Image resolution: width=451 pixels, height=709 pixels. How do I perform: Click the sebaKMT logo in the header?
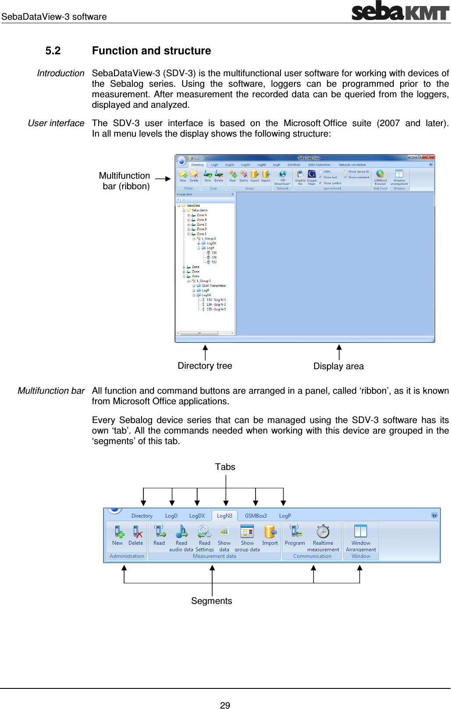(400, 11)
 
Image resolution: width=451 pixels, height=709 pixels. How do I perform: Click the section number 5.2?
(53, 51)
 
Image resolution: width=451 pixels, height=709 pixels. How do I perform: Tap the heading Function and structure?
(151, 51)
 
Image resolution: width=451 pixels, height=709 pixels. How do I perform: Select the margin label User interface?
(56, 123)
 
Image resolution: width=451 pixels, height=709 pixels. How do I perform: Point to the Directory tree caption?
(205, 366)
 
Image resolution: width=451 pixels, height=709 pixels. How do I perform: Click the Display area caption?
(338, 366)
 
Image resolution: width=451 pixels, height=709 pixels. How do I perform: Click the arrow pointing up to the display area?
(338, 352)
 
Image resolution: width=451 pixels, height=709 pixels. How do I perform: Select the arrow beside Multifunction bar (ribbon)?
(163, 179)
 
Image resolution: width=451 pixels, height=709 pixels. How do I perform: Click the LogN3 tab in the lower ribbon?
(224, 516)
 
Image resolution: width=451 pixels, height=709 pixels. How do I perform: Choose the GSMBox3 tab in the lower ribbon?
(256, 516)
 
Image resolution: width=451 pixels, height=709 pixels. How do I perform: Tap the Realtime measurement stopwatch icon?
(323, 531)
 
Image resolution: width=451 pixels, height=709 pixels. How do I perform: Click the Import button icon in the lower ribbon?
(270, 532)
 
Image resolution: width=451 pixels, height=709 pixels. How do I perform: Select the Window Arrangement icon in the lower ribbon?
(361, 531)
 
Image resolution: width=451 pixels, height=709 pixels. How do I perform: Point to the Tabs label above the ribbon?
(225, 467)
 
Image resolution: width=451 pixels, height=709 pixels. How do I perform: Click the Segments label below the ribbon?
(212, 601)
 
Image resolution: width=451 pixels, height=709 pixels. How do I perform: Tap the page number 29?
(225, 705)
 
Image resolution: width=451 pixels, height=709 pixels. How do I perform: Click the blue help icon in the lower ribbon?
(434, 515)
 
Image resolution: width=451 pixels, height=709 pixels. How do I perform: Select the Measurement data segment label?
(214, 556)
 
